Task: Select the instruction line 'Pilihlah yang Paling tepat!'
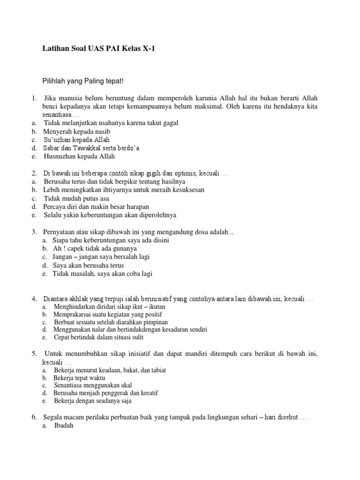(x=82, y=81)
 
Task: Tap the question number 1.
(x=34, y=98)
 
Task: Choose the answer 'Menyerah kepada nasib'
(x=76, y=131)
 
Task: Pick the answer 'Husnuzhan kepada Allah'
(x=79, y=157)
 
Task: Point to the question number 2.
(x=34, y=173)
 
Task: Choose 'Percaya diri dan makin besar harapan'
(x=96, y=207)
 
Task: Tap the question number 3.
(x=34, y=232)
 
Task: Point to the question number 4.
(x=34, y=299)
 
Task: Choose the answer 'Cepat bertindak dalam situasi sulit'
(x=99, y=337)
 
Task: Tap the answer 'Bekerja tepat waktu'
(x=80, y=378)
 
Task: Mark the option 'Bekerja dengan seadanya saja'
(x=93, y=401)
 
